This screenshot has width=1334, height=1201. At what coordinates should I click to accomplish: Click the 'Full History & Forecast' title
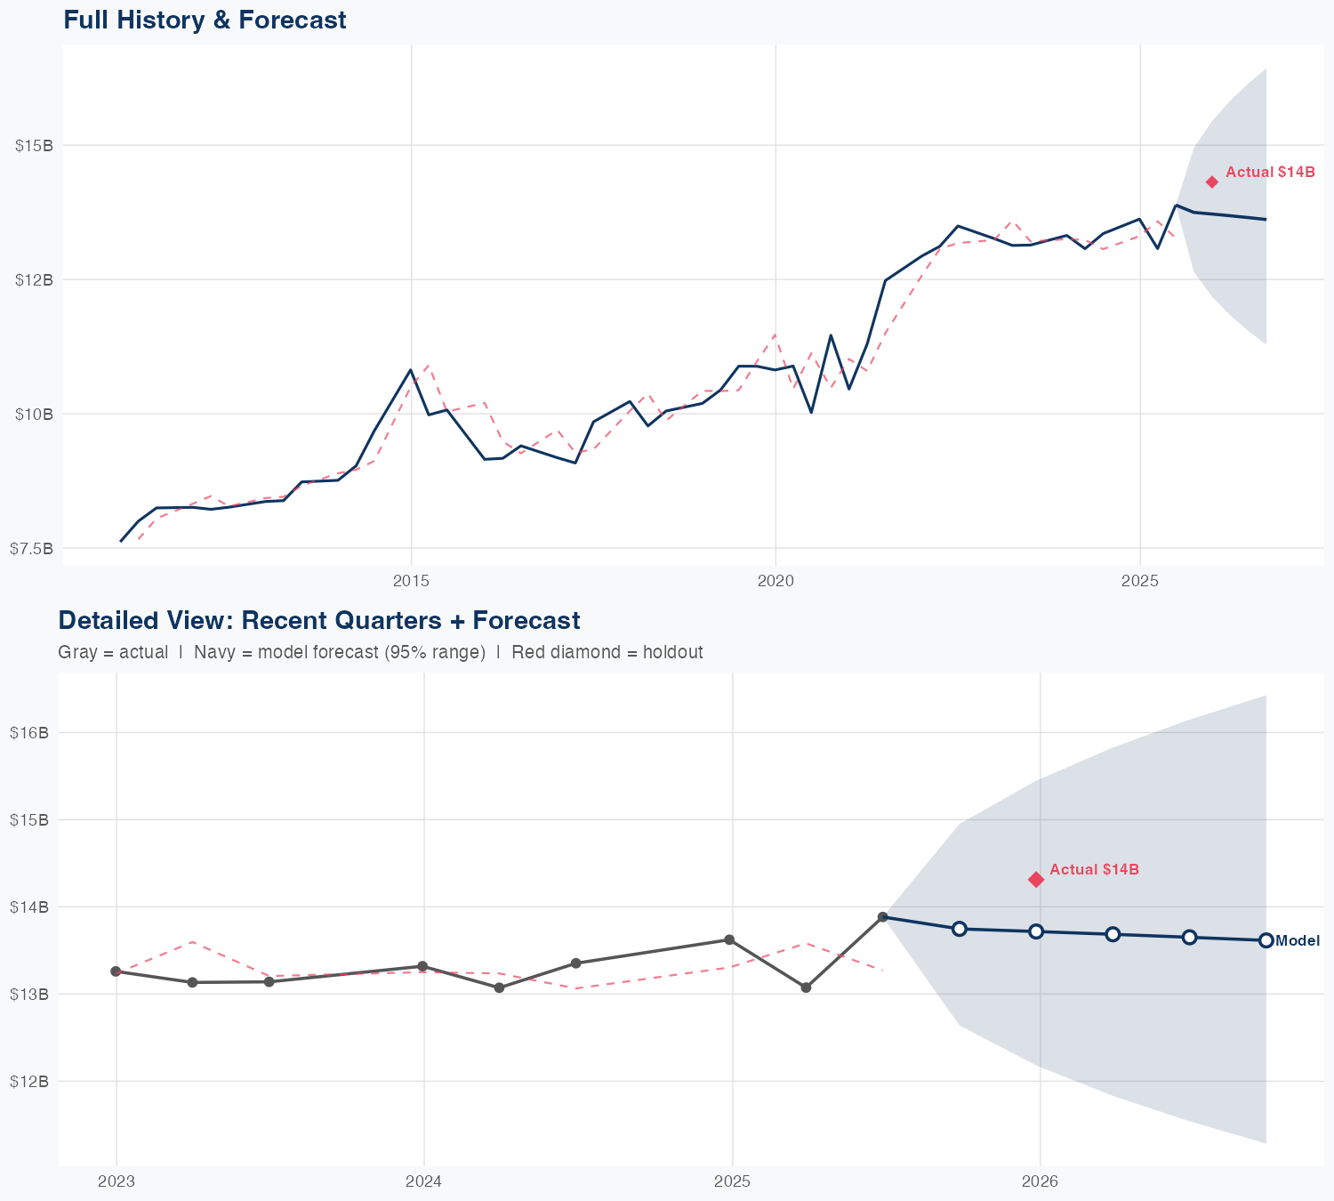(x=205, y=20)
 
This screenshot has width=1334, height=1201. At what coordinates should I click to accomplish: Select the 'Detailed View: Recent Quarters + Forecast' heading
(x=318, y=620)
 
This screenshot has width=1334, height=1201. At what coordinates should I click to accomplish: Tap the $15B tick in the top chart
(x=34, y=145)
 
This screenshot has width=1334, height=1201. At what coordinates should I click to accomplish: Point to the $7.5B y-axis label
(x=31, y=548)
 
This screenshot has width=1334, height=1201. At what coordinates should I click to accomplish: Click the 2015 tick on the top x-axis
(x=411, y=582)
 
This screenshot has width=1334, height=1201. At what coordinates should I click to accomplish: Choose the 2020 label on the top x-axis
(x=775, y=582)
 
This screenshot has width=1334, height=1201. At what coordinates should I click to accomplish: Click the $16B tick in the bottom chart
(x=28, y=732)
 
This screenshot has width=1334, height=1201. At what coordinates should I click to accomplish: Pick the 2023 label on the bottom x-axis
(x=116, y=1182)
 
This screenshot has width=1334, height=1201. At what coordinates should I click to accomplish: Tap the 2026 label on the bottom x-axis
(x=1040, y=1182)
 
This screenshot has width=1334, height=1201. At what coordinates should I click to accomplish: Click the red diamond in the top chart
(x=1211, y=181)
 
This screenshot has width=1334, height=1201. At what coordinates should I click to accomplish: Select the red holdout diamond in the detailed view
(x=1036, y=879)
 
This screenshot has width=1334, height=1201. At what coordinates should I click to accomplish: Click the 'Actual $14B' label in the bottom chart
(x=1094, y=869)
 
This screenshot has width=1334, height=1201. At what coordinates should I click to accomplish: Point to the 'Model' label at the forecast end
(x=1298, y=940)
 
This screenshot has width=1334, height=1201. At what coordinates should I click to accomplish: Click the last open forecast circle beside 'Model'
(x=1266, y=940)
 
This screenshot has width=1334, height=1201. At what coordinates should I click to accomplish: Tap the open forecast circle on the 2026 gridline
(x=1036, y=931)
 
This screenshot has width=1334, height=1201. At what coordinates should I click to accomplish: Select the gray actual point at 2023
(x=116, y=971)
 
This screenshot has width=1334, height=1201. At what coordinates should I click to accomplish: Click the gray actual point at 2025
(x=729, y=939)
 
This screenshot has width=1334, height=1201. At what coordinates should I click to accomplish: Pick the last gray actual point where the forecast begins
(x=882, y=916)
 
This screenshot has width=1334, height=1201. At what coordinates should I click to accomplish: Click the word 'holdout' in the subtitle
(x=673, y=652)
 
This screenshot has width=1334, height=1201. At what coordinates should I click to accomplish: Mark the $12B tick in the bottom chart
(x=28, y=1081)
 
